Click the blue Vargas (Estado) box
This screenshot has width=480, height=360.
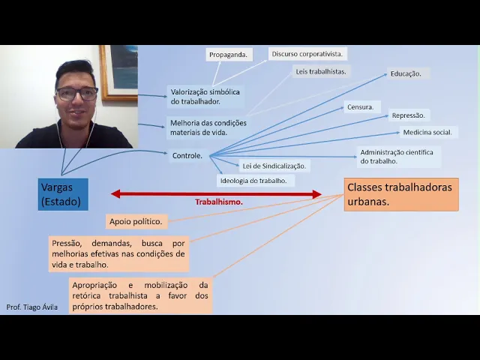pos(63,194)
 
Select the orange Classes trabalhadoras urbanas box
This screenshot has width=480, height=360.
pos(400,194)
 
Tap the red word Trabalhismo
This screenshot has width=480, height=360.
pos(219,202)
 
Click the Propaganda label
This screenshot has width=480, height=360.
pos(228,55)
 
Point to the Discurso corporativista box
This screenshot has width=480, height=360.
pos(307,54)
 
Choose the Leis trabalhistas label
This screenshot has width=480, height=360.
pos(319,71)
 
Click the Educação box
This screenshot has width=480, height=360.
pos(406,73)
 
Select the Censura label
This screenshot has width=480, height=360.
pos(360,107)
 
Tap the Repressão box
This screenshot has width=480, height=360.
pos(408,115)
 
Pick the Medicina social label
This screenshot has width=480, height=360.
pos(427,132)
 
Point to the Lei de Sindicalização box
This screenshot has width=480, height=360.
pos(274,165)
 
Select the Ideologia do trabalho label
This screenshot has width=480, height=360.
pos(253,181)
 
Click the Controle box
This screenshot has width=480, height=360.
pos(187,155)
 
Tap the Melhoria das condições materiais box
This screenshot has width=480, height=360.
pos(208,127)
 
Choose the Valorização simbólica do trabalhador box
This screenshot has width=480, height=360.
pos(205,96)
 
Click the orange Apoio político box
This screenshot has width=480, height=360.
pos(136,221)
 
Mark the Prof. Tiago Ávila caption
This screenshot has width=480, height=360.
pos(31,307)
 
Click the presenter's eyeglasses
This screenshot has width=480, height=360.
pos(76,94)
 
